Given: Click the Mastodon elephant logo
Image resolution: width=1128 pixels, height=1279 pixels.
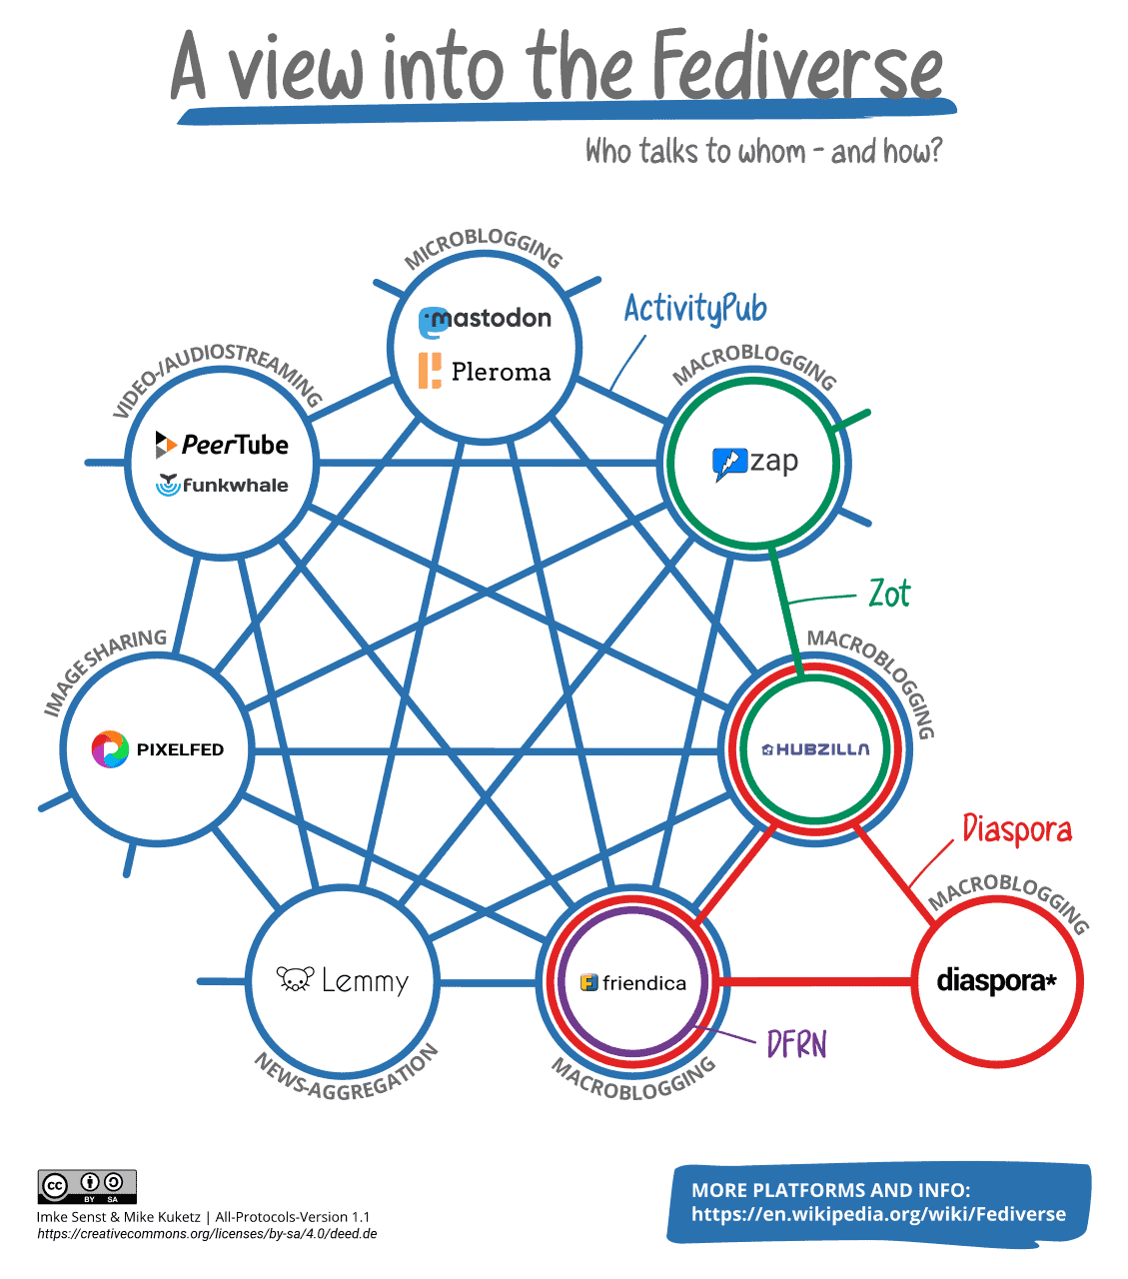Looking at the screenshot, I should pos(431,322).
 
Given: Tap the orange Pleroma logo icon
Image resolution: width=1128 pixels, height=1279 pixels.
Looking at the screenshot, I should pos(430,371).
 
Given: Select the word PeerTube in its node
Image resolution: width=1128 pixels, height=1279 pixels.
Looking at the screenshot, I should pos(235,445).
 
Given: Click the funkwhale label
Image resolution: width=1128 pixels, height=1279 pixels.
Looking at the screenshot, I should pos(235,486).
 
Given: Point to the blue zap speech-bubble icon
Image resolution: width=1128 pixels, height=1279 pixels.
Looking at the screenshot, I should pos(728,465).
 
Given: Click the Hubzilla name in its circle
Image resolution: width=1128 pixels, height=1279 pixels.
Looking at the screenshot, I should pos(816,749).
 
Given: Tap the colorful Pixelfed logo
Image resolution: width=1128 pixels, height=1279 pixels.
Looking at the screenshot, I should pos(110,749).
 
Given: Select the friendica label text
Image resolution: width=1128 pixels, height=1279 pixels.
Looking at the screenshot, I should pos(644,983).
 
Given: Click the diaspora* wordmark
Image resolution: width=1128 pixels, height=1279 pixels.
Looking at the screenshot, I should pos(996,981).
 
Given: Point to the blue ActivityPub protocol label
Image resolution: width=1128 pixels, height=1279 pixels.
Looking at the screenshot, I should pos(695,309).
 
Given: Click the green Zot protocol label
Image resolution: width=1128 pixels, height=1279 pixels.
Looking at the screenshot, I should pos(889,594).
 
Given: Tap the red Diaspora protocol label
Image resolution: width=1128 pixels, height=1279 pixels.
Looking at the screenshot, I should pos(1017,829).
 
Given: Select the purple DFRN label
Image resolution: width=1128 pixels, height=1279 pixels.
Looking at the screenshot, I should pos(796,1044).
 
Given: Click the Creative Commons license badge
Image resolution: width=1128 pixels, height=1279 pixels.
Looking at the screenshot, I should pos(87,1186).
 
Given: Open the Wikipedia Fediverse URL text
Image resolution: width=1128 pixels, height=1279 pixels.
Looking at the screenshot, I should pos(878,1215).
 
